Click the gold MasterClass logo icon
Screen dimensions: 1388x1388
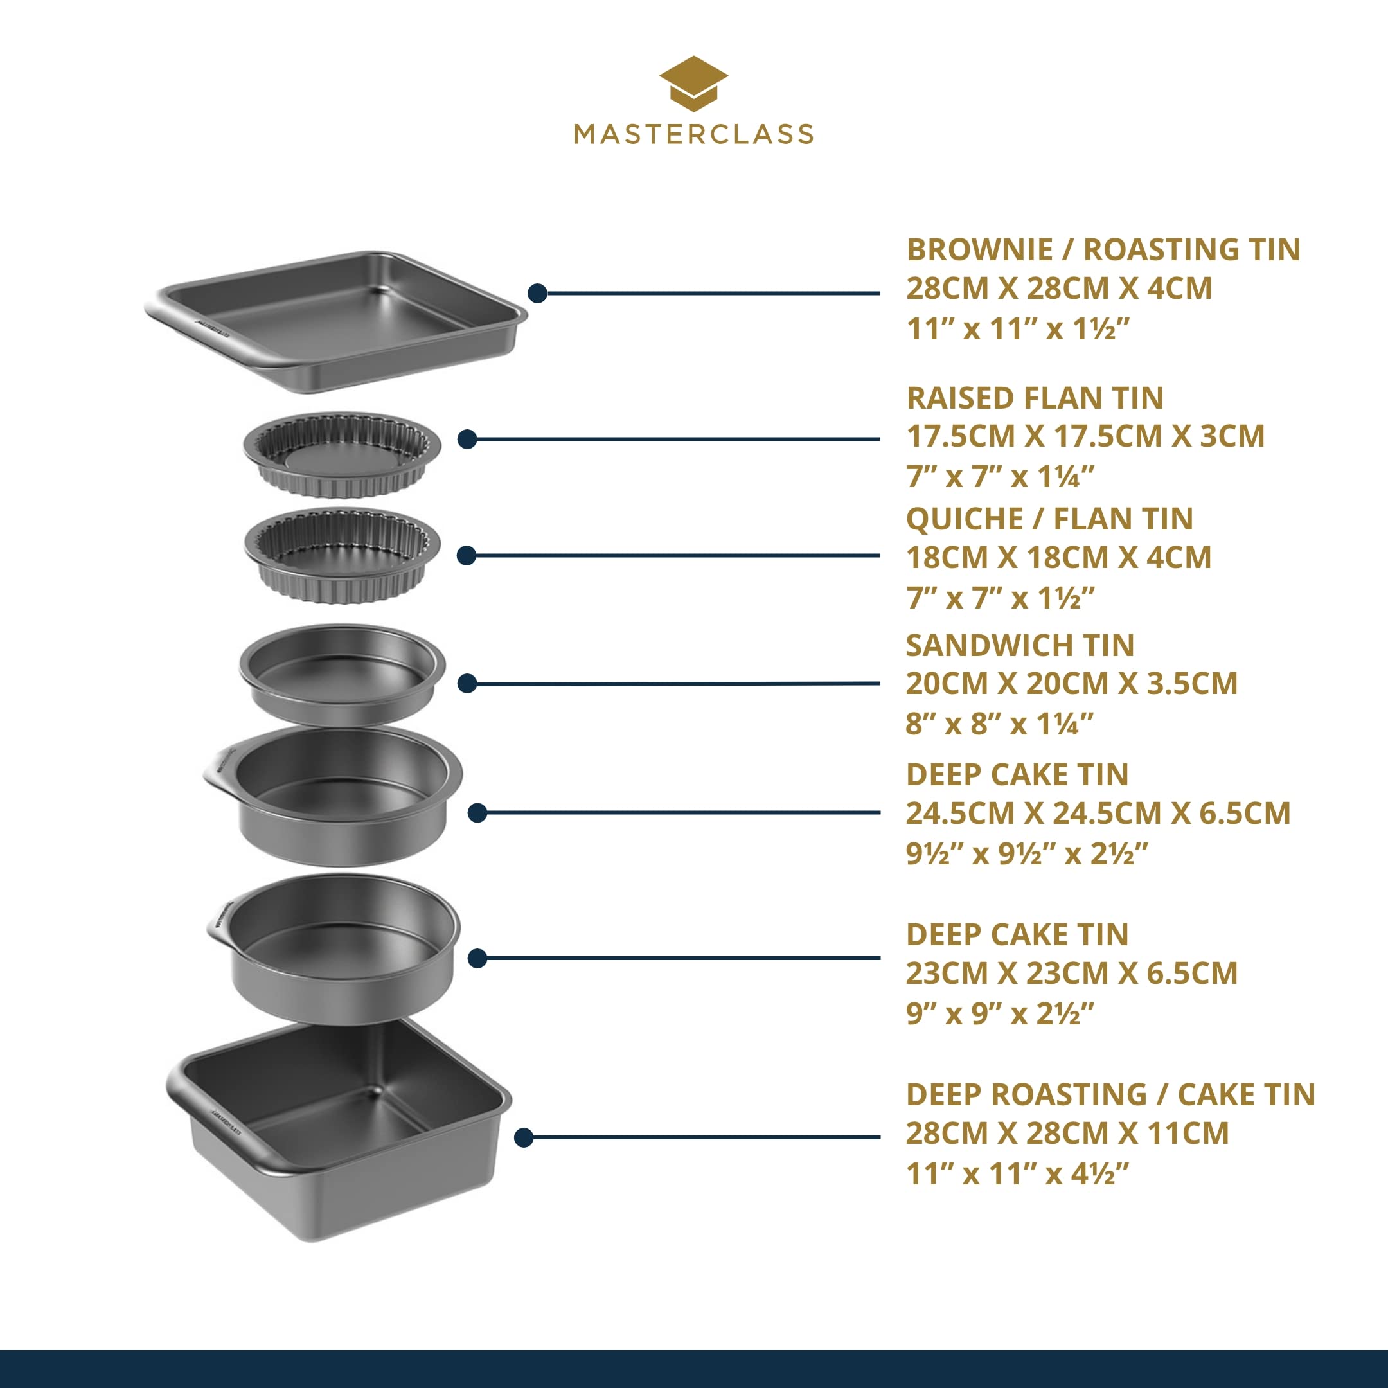pos(693,84)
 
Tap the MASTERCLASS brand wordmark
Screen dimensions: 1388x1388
pos(693,134)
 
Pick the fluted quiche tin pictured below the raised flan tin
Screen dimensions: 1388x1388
pos(342,554)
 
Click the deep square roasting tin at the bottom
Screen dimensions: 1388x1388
pos(339,1125)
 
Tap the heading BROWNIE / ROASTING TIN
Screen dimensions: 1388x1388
pos(1103,249)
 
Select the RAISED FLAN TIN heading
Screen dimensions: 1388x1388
pos(1035,398)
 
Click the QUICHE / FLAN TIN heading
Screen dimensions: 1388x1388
pos(1049,519)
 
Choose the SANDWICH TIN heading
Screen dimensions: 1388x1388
pos(1020,645)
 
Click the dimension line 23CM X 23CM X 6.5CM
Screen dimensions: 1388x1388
pos(1071,973)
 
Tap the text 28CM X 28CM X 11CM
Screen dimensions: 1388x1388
pos(1067,1133)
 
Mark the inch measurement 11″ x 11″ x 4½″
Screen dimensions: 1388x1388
pos(1017,1174)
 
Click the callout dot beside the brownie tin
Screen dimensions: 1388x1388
pos(537,293)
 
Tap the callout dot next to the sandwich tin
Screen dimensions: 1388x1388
pos(467,683)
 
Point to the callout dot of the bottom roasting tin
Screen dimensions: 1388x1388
pos(524,1137)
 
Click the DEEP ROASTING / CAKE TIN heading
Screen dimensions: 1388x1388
pos(1110,1094)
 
